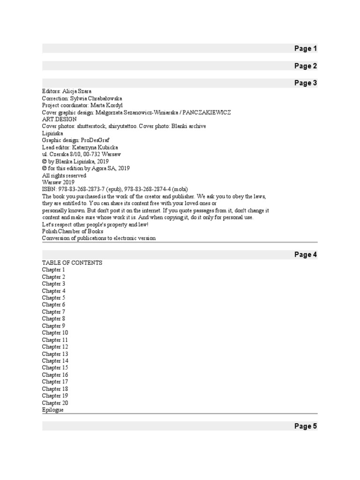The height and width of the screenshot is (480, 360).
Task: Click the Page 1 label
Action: pos(306,49)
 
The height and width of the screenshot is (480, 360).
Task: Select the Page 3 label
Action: pos(306,83)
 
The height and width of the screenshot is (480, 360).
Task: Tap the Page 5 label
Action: pos(306,426)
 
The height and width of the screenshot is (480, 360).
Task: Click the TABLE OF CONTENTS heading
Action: pos(72,263)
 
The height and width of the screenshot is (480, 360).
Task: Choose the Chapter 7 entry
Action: pos(53,312)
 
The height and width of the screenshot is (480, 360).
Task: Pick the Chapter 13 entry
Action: pos(55,354)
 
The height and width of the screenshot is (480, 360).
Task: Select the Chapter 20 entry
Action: pos(55,403)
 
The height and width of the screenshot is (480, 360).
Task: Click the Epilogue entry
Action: pos(52,410)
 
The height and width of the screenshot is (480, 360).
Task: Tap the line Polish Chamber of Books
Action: pos(73,231)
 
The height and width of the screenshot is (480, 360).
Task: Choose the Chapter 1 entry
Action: pos(53,270)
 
